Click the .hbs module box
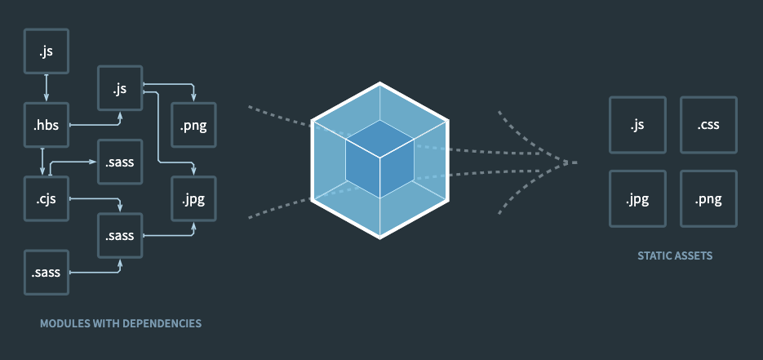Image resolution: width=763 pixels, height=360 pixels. (x=46, y=125)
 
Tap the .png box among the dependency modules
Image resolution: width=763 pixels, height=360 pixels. (x=194, y=125)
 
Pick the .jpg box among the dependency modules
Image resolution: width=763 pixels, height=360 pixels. (x=194, y=198)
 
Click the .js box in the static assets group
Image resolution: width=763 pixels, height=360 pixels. (x=637, y=125)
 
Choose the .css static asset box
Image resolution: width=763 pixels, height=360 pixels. (x=708, y=125)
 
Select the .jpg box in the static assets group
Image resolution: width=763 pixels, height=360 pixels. (x=637, y=198)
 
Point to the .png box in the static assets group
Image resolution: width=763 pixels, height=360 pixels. (x=708, y=198)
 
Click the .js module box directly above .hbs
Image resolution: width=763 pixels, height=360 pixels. (x=46, y=52)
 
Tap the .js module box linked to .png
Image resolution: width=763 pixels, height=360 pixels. (x=120, y=88)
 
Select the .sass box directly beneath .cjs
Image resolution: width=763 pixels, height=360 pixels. (x=46, y=272)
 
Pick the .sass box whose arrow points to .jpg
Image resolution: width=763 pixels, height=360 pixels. (x=120, y=235)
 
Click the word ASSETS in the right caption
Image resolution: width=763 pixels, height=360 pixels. (x=693, y=256)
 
